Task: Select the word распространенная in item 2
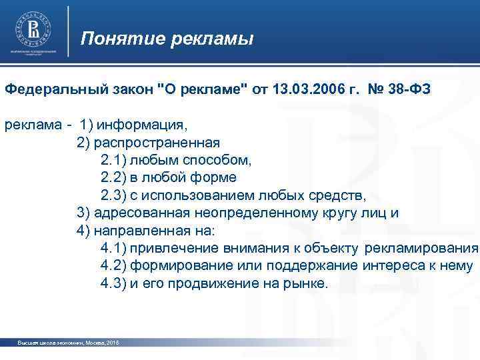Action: pos(157,142)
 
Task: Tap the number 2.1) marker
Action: pos(113,160)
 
